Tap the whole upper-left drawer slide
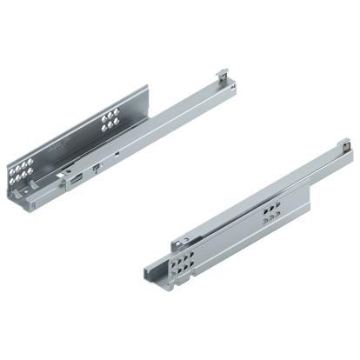tap(113, 143)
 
